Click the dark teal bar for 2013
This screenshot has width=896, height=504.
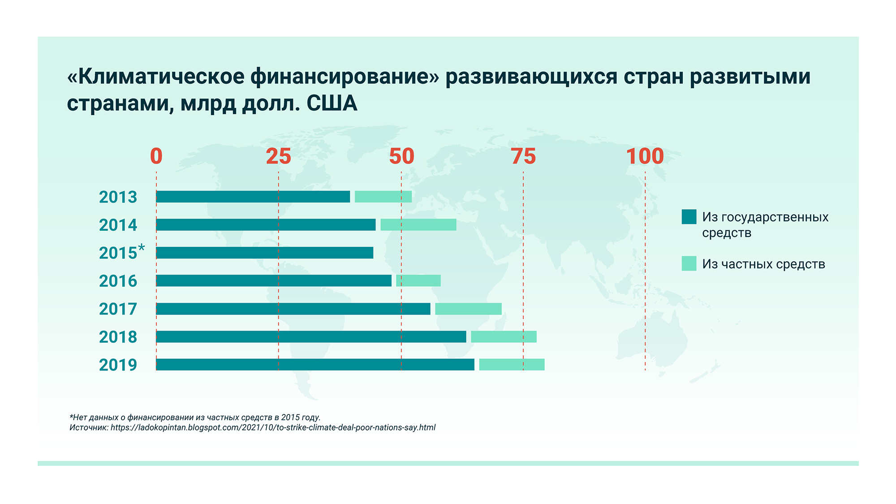(253, 197)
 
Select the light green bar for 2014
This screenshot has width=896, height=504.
(418, 225)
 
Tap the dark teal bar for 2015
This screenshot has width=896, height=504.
(265, 253)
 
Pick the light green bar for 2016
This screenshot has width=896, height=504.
(418, 281)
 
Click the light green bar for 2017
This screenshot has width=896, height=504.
(468, 309)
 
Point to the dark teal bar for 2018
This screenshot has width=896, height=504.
(311, 337)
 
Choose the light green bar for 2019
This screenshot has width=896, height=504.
(512, 365)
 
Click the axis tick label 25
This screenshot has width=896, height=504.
(279, 156)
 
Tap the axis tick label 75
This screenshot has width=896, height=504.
(523, 156)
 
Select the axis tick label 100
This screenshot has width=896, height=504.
(645, 156)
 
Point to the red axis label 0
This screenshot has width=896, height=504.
(156, 156)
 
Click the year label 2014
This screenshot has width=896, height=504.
(118, 225)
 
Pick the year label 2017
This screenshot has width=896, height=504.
(118, 309)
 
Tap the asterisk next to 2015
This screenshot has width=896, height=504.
(142, 248)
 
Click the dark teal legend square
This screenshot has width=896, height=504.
(689, 217)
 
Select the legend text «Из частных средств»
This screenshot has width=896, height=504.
(763, 264)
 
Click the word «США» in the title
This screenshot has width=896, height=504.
(332, 103)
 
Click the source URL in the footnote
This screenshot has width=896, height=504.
(273, 427)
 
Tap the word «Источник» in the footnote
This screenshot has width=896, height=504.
(89, 427)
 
